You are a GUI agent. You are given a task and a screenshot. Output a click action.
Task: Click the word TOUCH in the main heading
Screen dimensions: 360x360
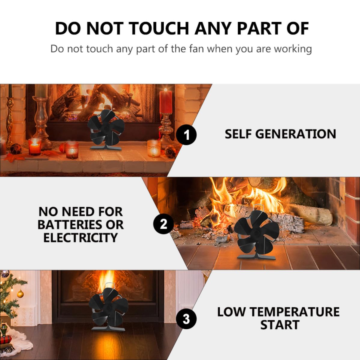pos(159,29)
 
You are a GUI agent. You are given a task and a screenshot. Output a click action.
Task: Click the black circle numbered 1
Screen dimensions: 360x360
pos(186,135)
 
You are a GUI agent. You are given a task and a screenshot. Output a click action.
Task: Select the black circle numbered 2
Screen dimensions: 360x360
pos(163,224)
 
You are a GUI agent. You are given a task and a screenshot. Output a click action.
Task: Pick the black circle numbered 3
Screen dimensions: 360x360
pos(186,319)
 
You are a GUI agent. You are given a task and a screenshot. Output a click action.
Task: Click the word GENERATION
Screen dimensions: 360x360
pos(296,134)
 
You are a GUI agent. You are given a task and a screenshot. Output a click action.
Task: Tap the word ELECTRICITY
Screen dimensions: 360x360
pos(81,238)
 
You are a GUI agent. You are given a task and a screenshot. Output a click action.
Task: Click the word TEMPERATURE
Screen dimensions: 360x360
pos(294,312)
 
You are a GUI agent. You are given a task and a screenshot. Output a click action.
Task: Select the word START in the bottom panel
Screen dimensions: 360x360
pos(280,325)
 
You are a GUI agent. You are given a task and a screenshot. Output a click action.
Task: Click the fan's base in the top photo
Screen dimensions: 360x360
pos(105,148)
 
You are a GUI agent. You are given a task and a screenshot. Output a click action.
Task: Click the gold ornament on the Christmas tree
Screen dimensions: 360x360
pos(20,294)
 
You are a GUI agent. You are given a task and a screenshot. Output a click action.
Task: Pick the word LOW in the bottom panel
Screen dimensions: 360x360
pos(231,312)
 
